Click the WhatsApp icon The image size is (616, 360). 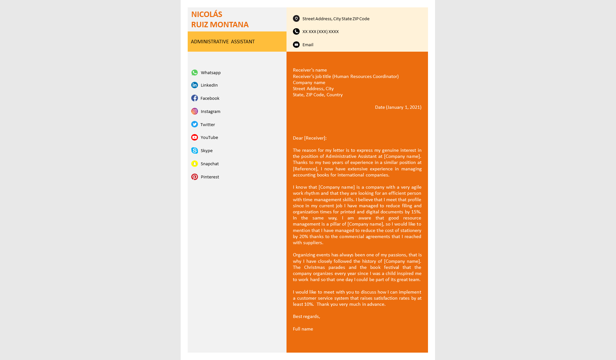pyautogui.click(x=194, y=73)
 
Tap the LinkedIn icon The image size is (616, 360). pyautogui.click(x=194, y=85)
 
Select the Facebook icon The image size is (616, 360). pyautogui.click(x=194, y=98)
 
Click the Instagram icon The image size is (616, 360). pyautogui.click(x=194, y=111)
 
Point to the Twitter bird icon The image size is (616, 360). pyautogui.click(x=194, y=124)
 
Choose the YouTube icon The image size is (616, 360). pyautogui.click(x=194, y=137)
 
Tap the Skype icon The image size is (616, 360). pyautogui.click(x=194, y=150)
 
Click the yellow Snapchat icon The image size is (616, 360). pyautogui.click(x=194, y=164)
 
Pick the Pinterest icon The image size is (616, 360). pyautogui.click(x=194, y=177)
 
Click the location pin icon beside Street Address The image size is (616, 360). pyautogui.click(x=296, y=19)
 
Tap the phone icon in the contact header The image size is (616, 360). pyautogui.click(x=296, y=31)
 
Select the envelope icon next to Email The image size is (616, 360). pyautogui.click(x=296, y=45)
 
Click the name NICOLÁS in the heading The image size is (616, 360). pyautogui.click(x=207, y=14)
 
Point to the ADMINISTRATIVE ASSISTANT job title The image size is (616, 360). pyautogui.click(x=223, y=42)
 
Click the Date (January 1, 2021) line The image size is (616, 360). pyautogui.click(x=398, y=107)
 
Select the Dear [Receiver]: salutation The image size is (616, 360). pyautogui.click(x=310, y=138)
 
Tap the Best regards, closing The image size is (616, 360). pyautogui.click(x=306, y=316)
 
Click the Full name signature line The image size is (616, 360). pyautogui.click(x=303, y=329)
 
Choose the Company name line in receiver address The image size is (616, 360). pyautogui.click(x=309, y=82)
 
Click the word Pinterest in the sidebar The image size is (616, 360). pyautogui.click(x=210, y=177)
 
